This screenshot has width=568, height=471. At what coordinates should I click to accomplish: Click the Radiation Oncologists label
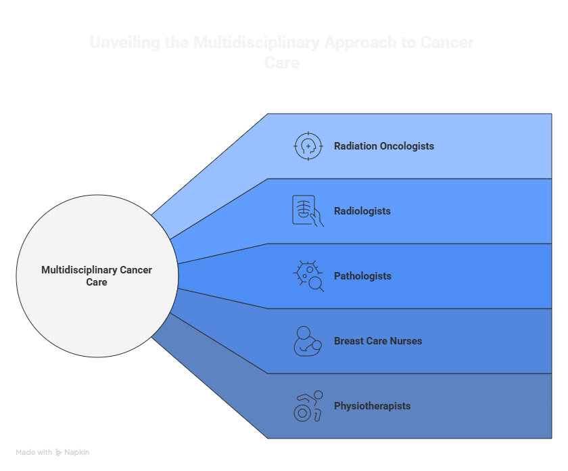(x=383, y=146)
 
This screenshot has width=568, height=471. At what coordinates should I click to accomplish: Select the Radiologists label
(x=362, y=211)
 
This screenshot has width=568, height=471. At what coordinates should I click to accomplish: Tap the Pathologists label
(x=362, y=276)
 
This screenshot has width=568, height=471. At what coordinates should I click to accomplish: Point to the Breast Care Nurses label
(x=377, y=341)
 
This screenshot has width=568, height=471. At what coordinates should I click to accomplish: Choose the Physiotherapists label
(x=372, y=406)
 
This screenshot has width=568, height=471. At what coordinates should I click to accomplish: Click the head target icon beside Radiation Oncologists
(x=308, y=146)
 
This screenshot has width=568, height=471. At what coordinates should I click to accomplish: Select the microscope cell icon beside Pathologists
(x=308, y=276)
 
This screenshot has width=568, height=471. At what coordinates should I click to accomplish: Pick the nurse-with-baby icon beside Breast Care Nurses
(x=308, y=341)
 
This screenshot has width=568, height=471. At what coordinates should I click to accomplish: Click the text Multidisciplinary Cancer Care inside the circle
(x=97, y=276)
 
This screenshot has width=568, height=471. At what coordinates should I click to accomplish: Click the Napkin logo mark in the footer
(x=59, y=452)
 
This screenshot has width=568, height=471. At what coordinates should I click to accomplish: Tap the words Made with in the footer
(x=34, y=452)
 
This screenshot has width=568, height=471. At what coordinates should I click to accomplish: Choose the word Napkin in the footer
(x=77, y=452)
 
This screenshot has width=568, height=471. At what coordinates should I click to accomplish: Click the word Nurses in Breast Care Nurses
(x=405, y=341)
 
